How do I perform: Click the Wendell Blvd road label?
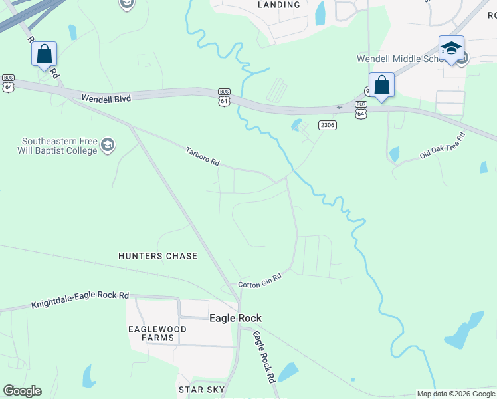pyautogui.click(x=106, y=98)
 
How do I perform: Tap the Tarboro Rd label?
pyautogui.click(x=202, y=157)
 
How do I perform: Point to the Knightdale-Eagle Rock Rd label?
pyautogui.click(x=80, y=299)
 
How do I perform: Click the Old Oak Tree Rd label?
pyautogui.click(x=442, y=146)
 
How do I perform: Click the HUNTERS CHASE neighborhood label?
pyautogui.click(x=157, y=256)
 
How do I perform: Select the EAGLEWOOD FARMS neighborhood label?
pyautogui.click(x=151, y=332)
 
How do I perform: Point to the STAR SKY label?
pyautogui.click(x=201, y=389)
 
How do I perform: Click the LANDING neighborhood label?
pyautogui.click(x=278, y=5)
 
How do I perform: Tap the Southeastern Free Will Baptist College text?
pyautogui.click(x=58, y=146)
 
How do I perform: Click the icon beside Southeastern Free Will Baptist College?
pyautogui.click(x=108, y=145)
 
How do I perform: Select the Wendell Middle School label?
pyautogui.click(x=399, y=59)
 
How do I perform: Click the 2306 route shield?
pyautogui.click(x=327, y=125)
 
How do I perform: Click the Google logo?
pyautogui.click(x=23, y=391)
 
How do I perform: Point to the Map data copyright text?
pyautogui.click(x=456, y=394)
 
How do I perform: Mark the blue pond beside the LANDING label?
pyautogui.click(x=320, y=13)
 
